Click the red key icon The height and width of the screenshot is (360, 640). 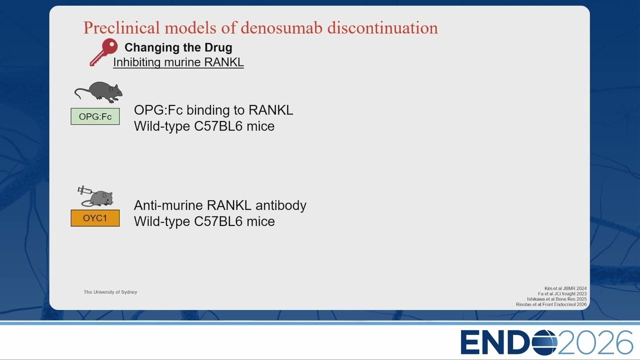[x=103, y=52]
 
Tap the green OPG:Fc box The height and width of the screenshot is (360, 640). [x=95, y=116]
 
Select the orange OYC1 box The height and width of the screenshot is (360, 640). [x=95, y=218]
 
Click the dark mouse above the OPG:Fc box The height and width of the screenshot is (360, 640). [x=98, y=92]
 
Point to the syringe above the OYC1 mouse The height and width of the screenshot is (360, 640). [x=85, y=190]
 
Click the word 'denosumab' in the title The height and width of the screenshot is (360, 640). [x=281, y=27]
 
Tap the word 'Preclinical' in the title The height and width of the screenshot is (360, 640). [x=121, y=27]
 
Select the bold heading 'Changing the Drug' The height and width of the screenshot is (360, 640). [x=178, y=47]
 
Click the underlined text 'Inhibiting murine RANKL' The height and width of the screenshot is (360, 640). [x=178, y=62]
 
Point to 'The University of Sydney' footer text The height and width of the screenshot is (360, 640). [x=110, y=292]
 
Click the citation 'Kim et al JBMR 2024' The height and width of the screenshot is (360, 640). [x=565, y=288]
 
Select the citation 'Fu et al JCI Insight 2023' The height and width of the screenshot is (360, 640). [x=562, y=293]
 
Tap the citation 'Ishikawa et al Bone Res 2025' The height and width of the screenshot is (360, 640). [x=557, y=299]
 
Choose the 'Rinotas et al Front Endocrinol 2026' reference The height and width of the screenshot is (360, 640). [x=551, y=304]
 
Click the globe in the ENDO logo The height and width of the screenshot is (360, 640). [x=544, y=342]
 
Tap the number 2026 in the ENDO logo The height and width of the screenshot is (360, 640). [x=595, y=342]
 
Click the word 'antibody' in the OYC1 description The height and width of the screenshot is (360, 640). [x=281, y=205]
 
